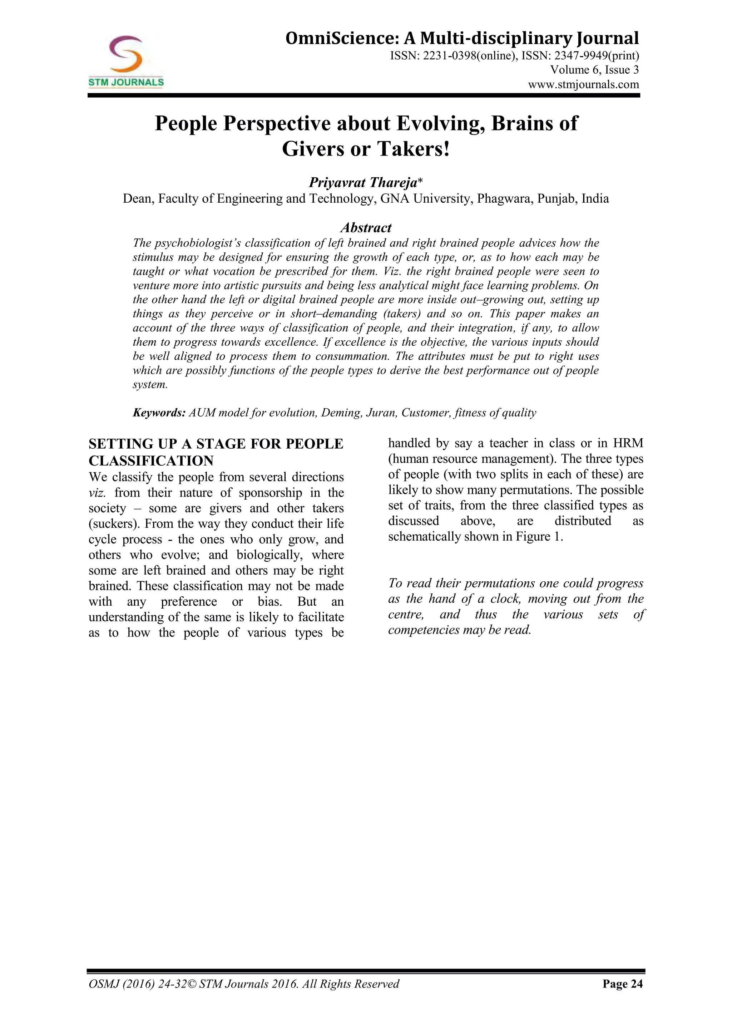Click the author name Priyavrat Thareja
(x=363, y=183)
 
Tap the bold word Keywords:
(x=159, y=413)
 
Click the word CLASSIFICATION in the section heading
(x=151, y=461)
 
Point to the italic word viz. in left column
(x=97, y=493)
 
